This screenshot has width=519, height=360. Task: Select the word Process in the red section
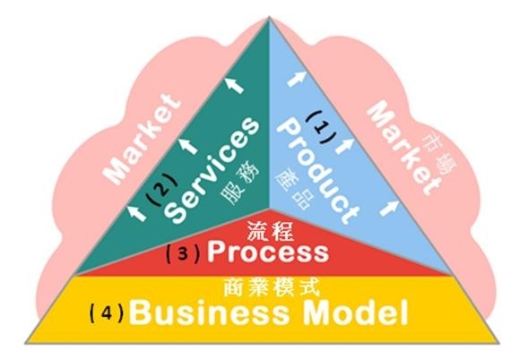point(268,252)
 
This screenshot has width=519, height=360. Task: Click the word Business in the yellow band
point(209,313)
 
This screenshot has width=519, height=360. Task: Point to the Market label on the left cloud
point(143,139)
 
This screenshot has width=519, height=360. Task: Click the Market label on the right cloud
point(403,149)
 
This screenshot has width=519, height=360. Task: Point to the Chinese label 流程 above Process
point(270,230)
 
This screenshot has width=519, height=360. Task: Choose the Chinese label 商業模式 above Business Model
point(272,287)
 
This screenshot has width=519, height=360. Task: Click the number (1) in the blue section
point(322,127)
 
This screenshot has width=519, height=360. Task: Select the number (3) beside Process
point(183,253)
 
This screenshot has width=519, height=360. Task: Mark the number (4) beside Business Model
point(107,313)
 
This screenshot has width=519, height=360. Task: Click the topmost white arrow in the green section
point(235,85)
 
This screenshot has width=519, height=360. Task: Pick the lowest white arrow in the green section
point(137,212)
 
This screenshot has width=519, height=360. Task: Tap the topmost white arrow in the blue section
point(296,79)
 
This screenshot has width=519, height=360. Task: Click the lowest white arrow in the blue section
point(389,208)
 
